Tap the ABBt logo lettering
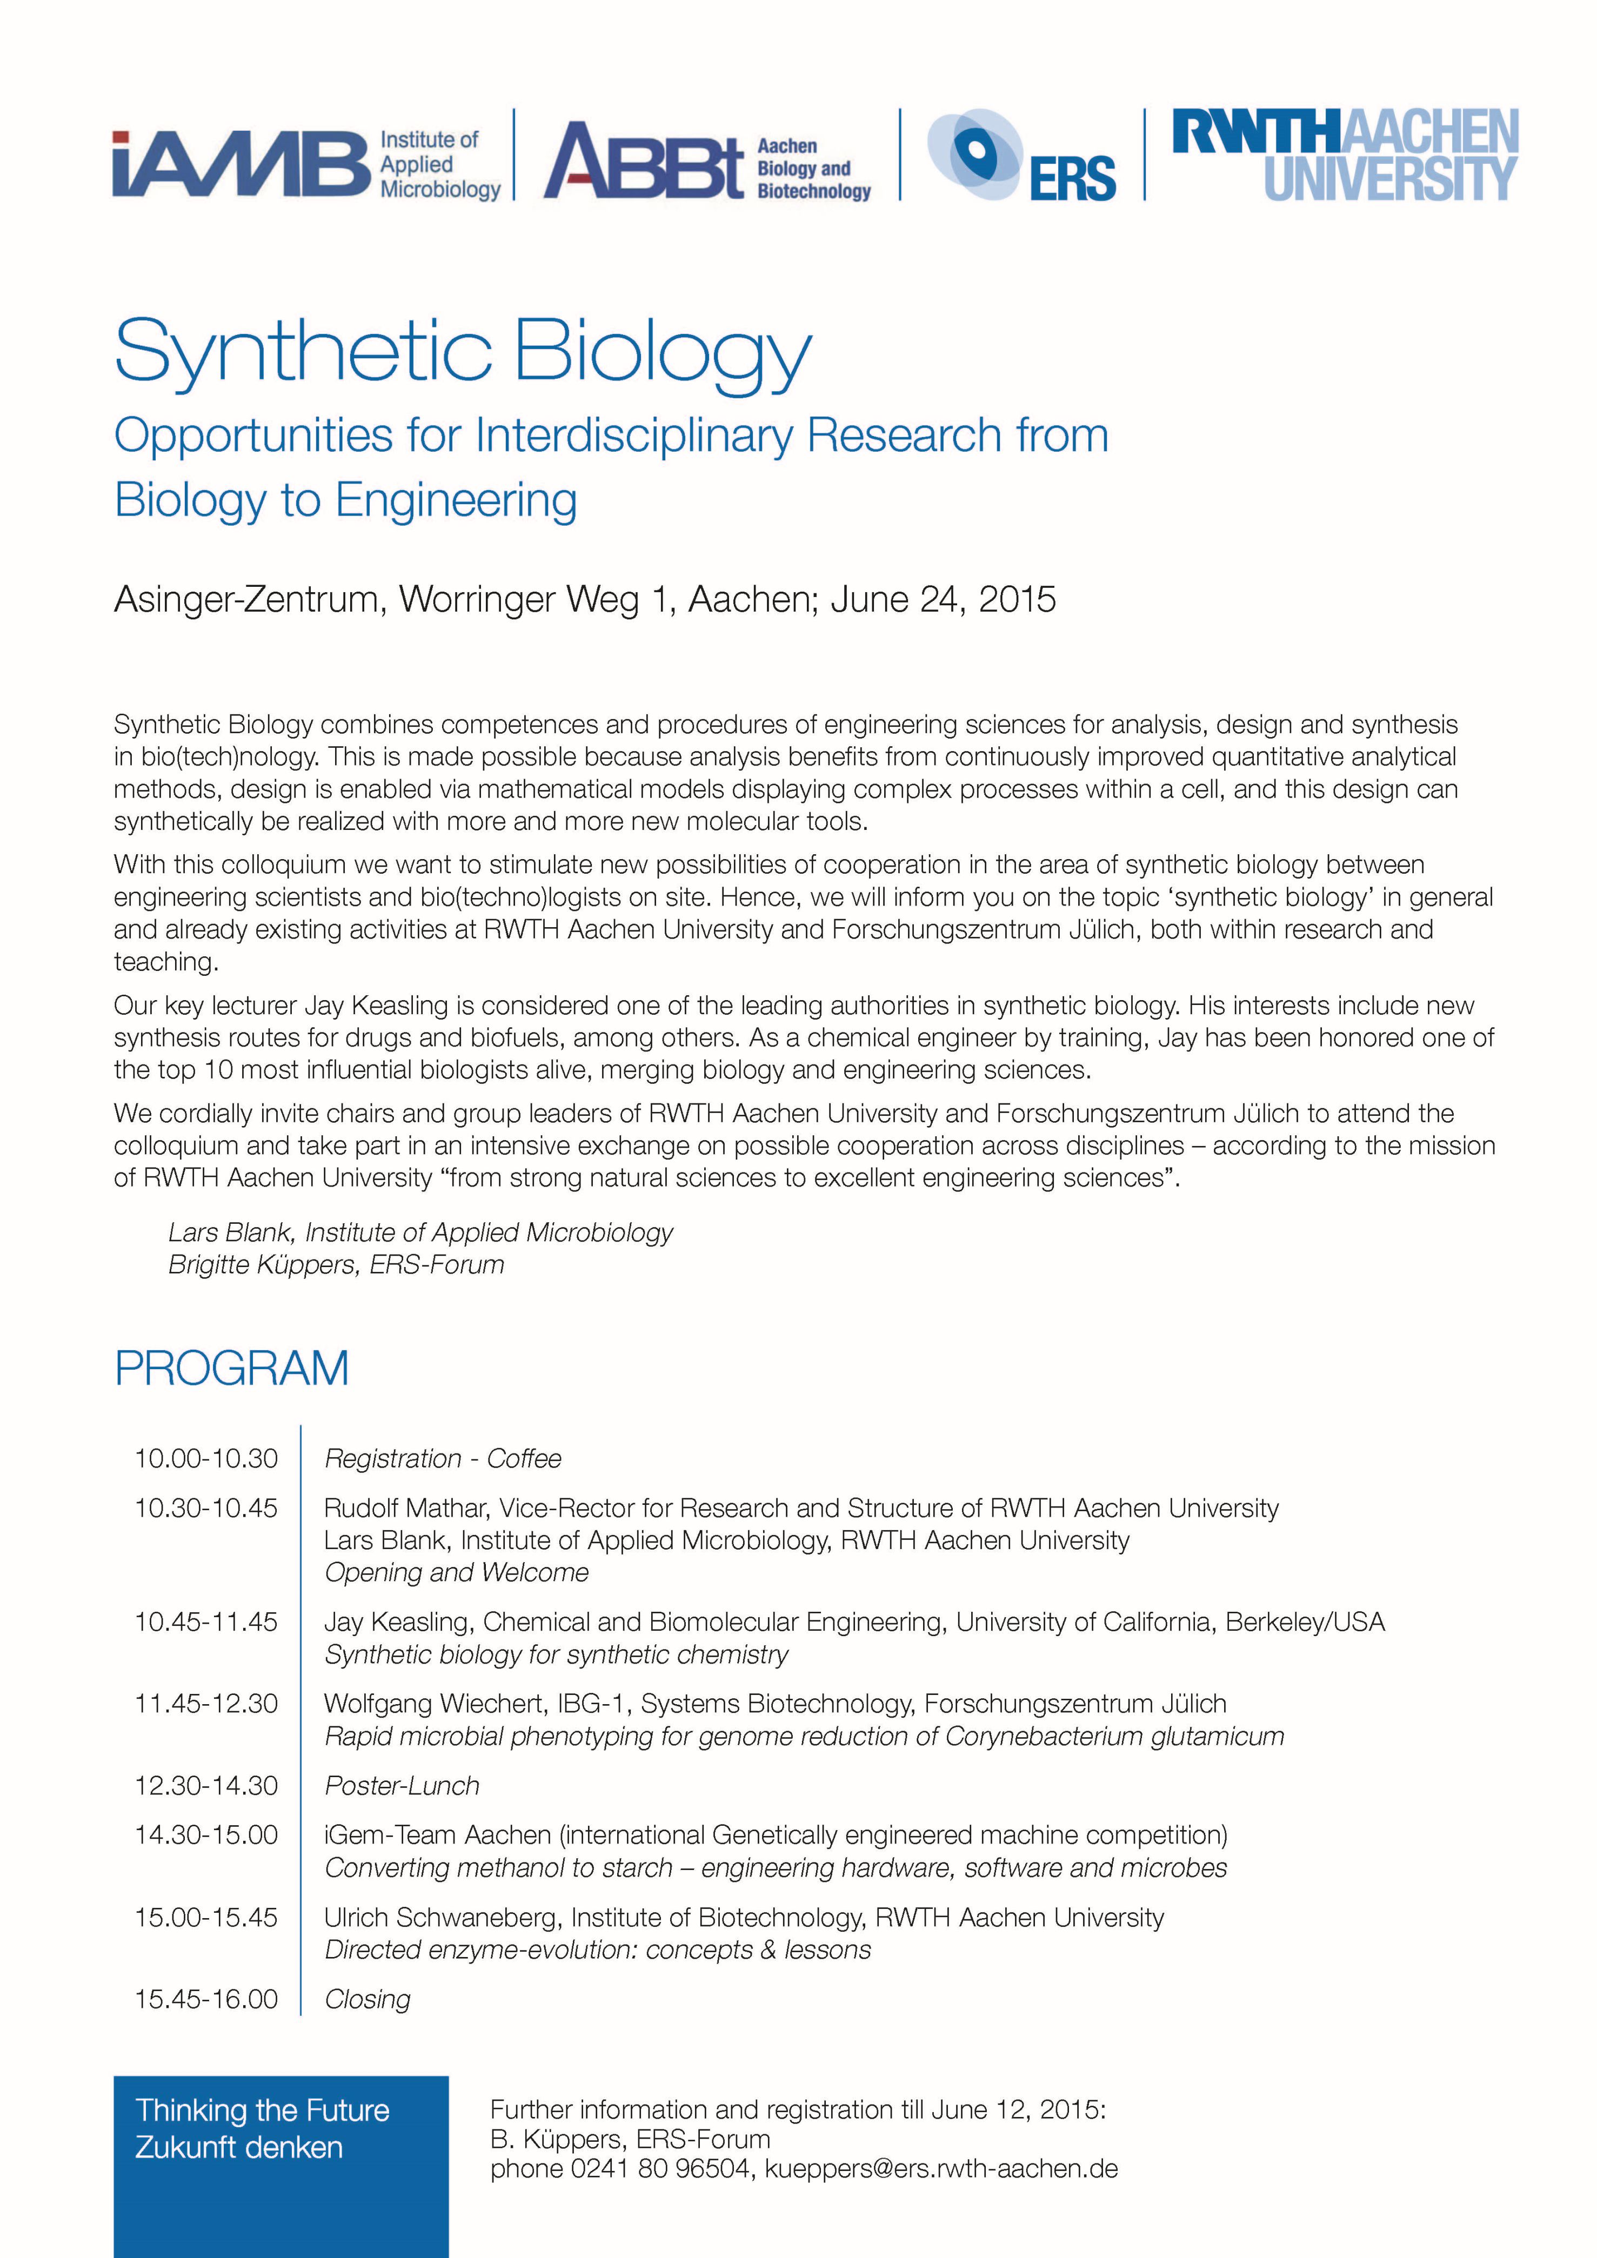(x=644, y=161)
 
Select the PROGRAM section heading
(x=232, y=1368)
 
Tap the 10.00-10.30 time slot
(x=206, y=1458)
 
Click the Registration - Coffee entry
(x=443, y=1458)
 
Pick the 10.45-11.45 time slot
(x=206, y=1622)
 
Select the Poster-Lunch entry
(x=402, y=1786)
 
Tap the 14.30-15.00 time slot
(x=206, y=1835)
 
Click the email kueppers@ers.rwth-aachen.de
(x=941, y=2168)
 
